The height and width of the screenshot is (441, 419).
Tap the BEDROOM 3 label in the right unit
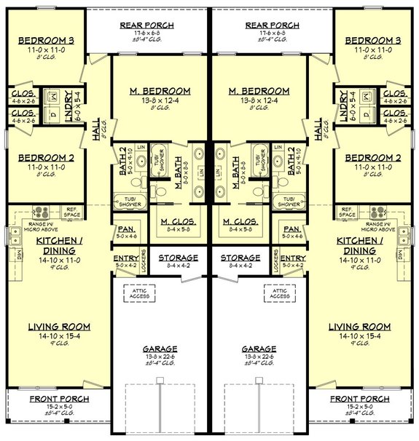pyautogui.click(x=369, y=40)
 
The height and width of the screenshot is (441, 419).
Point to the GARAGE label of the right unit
pyautogui.click(x=259, y=349)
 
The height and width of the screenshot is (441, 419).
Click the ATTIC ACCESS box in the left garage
pyautogui.click(x=139, y=293)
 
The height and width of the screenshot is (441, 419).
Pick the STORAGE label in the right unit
pyautogui.click(x=240, y=258)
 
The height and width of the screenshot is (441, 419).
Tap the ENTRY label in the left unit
pyautogui.click(x=125, y=258)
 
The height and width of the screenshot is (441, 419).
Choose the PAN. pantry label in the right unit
pyautogui.click(x=294, y=229)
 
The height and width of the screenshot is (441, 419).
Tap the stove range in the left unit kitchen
pyautogui.click(x=41, y=212)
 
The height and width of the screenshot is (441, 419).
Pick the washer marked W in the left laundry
pyautogui.click(x=54, y=96)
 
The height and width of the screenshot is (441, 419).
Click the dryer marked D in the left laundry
pyautogui.click(x=54, y=114)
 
